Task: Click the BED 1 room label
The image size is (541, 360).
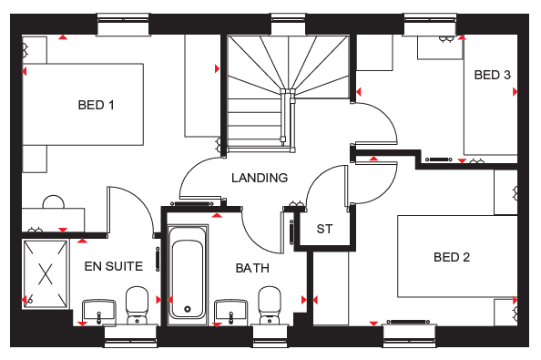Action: click(96, 105)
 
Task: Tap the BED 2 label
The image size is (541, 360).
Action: click(452, 257)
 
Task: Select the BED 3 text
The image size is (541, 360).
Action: click(492, 75)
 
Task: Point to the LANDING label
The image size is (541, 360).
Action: click(260, 178)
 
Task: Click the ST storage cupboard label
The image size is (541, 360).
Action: click(324, 229)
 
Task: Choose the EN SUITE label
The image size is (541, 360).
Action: click(114, 266)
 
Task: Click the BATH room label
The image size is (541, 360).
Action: click(252, 268)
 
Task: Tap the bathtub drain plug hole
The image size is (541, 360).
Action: click(188, 309)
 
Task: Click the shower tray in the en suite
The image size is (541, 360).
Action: click(46, 274)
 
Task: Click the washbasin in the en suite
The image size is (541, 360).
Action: click(98, 312)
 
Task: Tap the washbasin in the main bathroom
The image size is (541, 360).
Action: click(230, 312)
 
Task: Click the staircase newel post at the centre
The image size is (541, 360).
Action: click(288, 92)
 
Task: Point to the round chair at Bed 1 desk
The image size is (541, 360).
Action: click(54, 201)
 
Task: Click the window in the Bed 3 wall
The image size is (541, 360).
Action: click(430, 25)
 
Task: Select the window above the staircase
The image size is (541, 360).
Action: click(288, 25)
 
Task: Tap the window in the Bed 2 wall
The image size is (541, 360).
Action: click(409, 335)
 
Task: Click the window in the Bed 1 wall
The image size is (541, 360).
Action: click(123, 25)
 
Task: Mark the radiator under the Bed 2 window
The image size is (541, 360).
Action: click(408, 322)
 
